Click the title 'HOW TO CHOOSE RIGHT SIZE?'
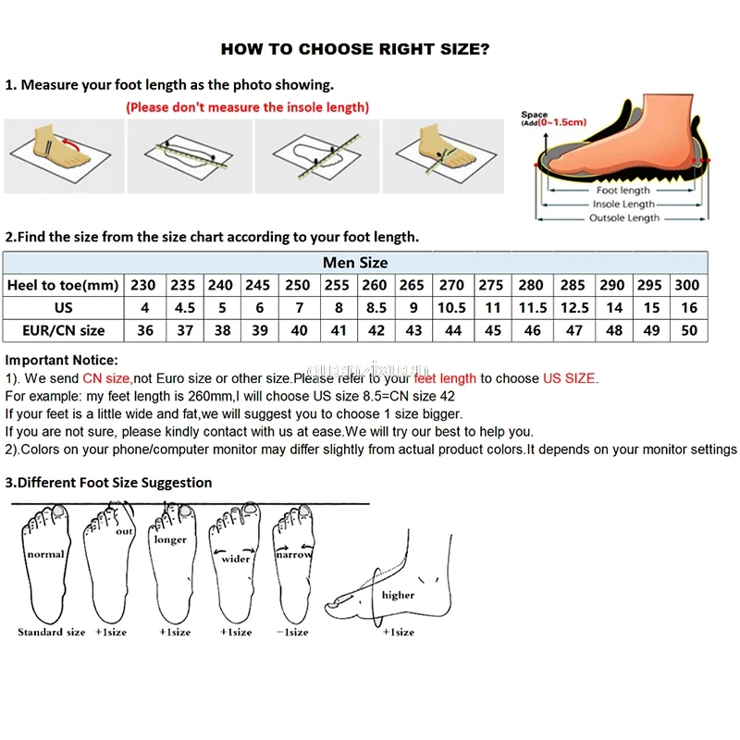point(355,49)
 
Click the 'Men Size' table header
point(355,263)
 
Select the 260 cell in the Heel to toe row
point(375,285)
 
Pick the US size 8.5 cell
point(375,307)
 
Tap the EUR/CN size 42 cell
point(375,330)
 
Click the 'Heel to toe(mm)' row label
point(62,285)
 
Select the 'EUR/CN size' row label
point(62,330)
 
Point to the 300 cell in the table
point(686,285)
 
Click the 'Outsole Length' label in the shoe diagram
point(624,218)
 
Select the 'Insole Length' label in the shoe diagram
point(623,204)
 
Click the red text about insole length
point(247,107)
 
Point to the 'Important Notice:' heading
point(62,360)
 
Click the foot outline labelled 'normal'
point(44,564)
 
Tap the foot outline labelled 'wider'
point(236,564)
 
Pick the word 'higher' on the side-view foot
point(398,595)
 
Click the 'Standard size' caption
point(51,632)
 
